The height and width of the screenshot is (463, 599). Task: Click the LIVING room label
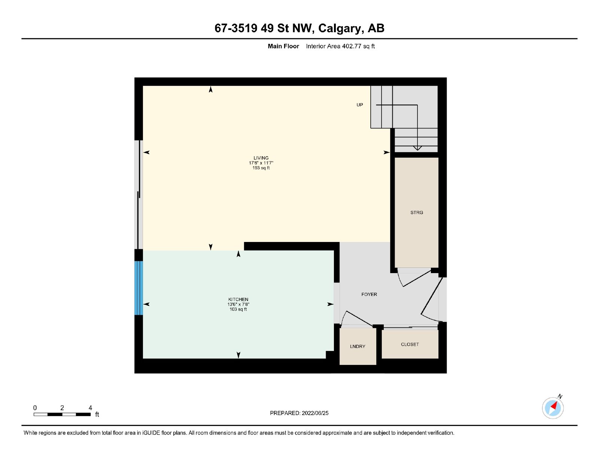(x=261, y=158)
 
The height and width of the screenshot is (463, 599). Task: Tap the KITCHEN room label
(x=238, y=299)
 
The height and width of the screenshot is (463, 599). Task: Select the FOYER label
(x=369, y=294)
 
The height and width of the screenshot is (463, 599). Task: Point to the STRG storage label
(x=417, y=212)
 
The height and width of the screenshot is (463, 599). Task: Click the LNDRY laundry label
(x=358, y=347)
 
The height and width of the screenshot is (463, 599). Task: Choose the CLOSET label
(x=410, y=344)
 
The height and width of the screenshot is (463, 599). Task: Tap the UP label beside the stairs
(x=360, y=105)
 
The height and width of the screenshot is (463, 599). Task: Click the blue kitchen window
(x=139, y=288)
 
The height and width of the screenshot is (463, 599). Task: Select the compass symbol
(x=553, y=408)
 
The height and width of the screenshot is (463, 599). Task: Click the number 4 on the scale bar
(x=91, y=408)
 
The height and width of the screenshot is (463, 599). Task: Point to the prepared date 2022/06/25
(x=315, y=413)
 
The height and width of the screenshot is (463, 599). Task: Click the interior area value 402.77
(x=352, y=46)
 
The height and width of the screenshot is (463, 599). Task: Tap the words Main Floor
(x=283, y=46)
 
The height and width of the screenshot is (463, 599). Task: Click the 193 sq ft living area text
(x=261, y=168)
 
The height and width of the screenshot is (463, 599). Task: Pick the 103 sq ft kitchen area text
(x=238, y=309)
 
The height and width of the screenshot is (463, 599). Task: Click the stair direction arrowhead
(x=417, y=148)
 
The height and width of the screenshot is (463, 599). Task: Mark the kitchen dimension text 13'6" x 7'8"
(x=238, y=304)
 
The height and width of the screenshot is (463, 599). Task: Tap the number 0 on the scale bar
(x=35, y=408)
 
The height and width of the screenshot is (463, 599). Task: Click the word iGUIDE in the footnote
(x=151, y=433)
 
